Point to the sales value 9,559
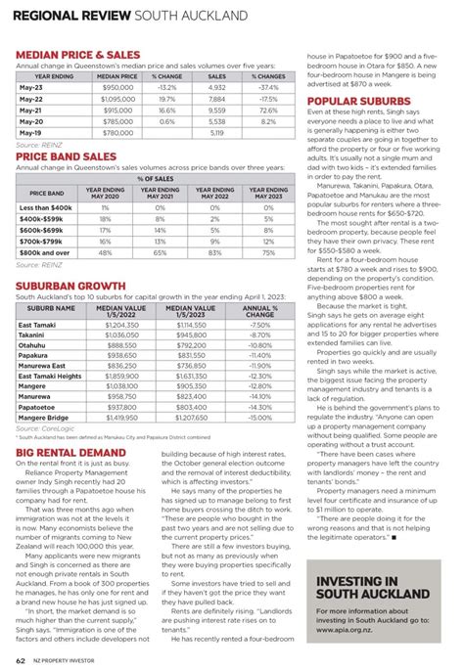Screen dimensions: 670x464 pyautogui.click(x=217, y=111)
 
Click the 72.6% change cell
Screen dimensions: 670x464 pyautogui.click(x=267, y=111)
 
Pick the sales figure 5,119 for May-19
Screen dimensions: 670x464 pyautogui.click(x=217, y=133)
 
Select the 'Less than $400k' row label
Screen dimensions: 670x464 pyautogui.click(x=45, y=208)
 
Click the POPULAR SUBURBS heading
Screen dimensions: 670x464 pyautogui.click(x=357, y=101)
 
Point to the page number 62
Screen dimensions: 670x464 pyautogui.click(x=20, y=659)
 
